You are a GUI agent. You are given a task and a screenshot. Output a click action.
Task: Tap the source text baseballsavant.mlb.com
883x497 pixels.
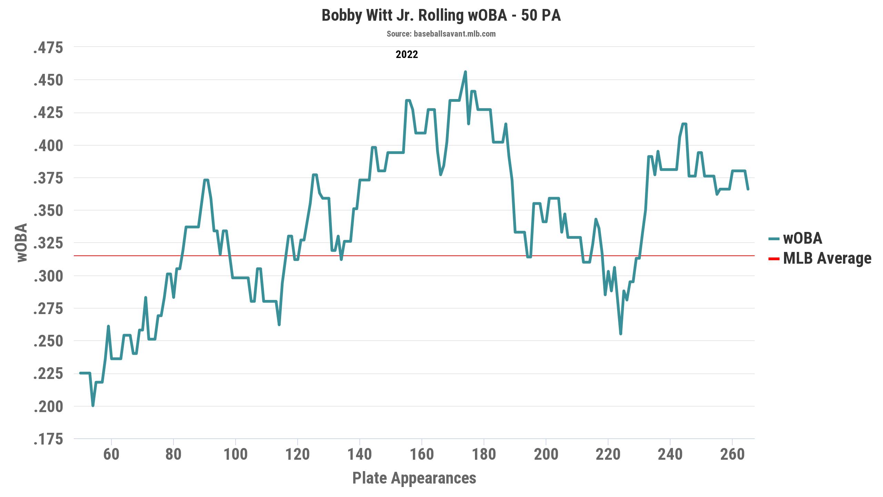click(x=441, y=34)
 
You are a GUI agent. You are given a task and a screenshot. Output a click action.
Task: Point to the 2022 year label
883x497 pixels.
click(x=407, y=55)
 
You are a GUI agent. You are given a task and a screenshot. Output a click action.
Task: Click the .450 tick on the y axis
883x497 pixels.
click(x=48, y=80)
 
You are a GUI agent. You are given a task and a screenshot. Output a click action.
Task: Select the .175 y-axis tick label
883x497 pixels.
click(x=48, y=439)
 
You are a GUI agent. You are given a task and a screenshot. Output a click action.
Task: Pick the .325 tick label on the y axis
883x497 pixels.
click(x=48, y=244)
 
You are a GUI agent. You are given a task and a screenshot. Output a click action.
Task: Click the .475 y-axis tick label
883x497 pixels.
click(x=48, y=48)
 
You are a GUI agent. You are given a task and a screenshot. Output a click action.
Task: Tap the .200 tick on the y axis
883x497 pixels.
click(x=48, y=407)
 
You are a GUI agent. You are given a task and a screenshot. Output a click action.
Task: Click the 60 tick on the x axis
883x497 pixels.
click(x=111, y=455)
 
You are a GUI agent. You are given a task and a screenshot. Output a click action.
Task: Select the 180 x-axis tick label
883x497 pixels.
click(x=484, y=455)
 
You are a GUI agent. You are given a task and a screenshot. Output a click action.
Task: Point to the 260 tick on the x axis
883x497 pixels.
click(x=732, y=455)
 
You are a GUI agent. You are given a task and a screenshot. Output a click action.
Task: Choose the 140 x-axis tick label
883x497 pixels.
click(x=360, y=455)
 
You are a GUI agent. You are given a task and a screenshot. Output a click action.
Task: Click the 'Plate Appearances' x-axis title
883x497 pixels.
click(x=414, y=478)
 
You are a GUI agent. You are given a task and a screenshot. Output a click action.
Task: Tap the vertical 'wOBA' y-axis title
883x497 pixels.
click(x=22, y=243)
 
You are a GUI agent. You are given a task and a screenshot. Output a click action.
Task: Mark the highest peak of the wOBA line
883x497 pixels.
click(x=465, y=72)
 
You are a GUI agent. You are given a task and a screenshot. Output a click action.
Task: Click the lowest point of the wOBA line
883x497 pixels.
click(x=93, y=406)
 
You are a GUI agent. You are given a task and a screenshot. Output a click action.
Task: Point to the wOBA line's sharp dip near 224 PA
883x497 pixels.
click(x=621, y=334)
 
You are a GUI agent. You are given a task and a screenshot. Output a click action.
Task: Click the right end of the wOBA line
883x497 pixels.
click(x=748, y=189)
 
